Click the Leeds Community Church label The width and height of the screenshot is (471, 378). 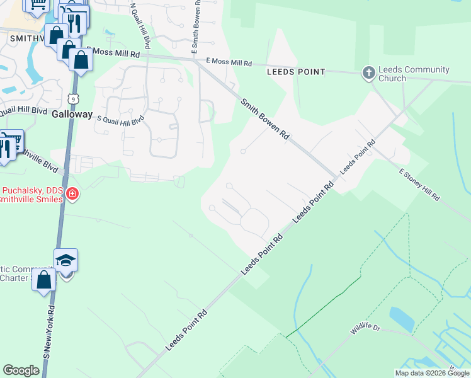point(414,74)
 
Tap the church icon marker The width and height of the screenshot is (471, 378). point(368,74)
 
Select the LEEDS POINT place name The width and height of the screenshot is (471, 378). point(296,72)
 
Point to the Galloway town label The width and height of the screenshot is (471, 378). point(72,115)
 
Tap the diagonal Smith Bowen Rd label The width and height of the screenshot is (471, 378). point(265,118)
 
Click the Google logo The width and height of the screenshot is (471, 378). point(21,370)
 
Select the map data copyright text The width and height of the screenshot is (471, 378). point(431,373)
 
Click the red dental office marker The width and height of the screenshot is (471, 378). point(72,194)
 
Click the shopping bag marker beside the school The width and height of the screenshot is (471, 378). point(44,280)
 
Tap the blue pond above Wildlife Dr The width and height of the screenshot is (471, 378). point(402,318)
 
